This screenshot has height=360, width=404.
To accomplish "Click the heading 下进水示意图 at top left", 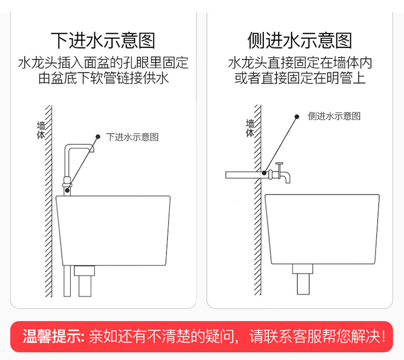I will pos(103,40).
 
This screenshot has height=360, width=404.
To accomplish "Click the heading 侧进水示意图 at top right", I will pos(299,40).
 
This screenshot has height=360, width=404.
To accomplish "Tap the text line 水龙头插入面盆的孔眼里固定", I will pos(103,63).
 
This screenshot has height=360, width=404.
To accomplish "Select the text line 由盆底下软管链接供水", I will pos(103,79).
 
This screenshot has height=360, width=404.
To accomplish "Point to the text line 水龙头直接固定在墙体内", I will pos(300,63).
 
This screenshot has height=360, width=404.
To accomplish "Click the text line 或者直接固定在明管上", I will pos(300,79).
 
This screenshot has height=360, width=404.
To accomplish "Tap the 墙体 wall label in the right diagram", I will pos(250,128).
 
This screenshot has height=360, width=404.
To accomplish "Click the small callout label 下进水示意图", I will pos(133,137).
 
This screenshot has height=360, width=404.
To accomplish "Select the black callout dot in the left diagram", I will pos(97,136).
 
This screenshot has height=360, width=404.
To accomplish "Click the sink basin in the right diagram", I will pos(322,229).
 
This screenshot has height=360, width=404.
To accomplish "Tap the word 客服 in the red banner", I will pos(318,337).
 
